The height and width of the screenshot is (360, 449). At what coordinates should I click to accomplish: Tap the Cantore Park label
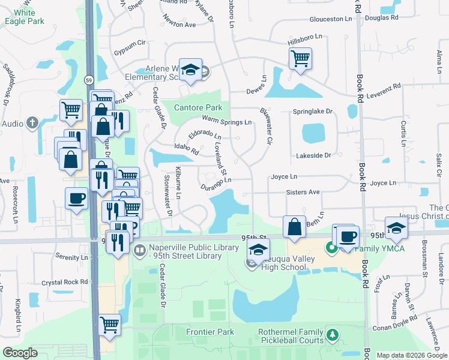point(198,107)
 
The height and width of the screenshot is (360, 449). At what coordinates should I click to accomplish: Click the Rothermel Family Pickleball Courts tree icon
point(331,334)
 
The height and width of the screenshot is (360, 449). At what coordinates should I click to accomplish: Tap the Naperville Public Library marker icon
point(139,249)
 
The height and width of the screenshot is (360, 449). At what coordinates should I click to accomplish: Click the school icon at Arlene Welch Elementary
point(191,70)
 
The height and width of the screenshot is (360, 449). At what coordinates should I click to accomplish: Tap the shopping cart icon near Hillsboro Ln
point(300,58)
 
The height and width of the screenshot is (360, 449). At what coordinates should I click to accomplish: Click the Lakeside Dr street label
point(313,155)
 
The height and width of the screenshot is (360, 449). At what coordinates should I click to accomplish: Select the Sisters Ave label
point(303,192)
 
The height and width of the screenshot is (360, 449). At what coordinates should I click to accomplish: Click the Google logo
point(20,353)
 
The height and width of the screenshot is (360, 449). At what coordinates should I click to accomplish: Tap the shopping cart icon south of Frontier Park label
point(109,325)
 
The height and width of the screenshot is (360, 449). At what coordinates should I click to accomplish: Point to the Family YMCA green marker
point(330,247)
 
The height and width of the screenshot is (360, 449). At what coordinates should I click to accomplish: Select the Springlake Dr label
point(312,112)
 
